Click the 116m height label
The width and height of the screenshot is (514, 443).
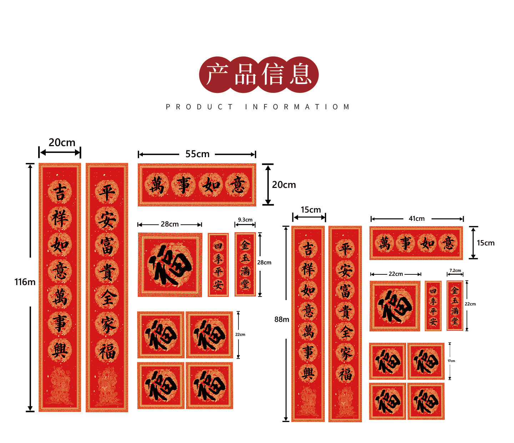25,282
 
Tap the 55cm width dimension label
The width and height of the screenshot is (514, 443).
197,154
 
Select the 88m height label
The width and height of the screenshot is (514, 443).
282,319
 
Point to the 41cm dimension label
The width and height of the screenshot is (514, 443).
417,219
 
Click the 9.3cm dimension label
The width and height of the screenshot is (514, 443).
245,220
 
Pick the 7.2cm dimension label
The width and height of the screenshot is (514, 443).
455,270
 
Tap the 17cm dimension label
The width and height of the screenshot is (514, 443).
452,361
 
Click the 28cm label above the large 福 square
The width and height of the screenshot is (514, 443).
170,224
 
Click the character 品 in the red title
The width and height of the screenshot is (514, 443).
246,74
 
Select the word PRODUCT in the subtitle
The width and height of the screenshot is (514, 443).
199,107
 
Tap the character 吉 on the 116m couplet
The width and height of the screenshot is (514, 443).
60,192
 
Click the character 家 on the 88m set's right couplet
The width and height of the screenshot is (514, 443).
345,354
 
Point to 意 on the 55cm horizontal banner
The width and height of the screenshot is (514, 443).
237,185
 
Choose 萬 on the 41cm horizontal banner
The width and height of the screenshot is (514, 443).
384,243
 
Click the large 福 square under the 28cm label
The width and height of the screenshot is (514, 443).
170,265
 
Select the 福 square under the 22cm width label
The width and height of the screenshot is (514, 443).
395,306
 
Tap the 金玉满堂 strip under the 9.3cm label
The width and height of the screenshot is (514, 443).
245,264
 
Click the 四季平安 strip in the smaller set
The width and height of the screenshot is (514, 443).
433,306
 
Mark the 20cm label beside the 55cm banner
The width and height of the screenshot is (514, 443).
284,185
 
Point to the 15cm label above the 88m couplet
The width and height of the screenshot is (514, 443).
311,210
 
